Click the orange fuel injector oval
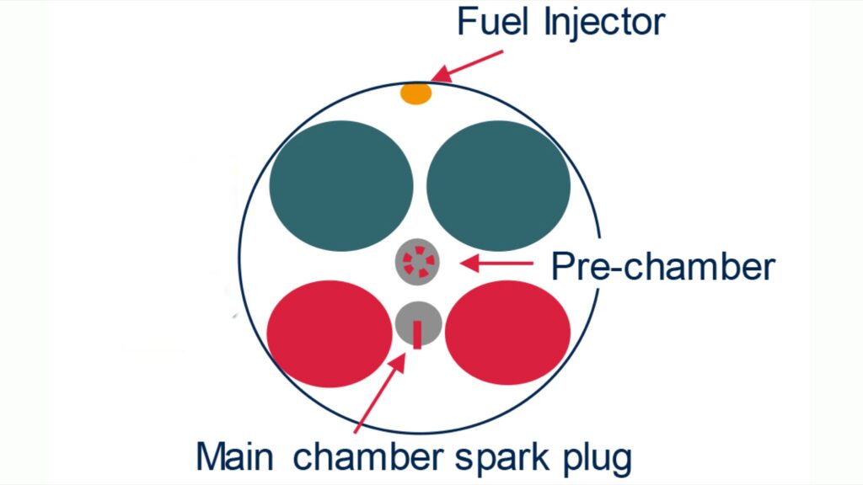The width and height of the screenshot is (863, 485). click(x=415, y=93)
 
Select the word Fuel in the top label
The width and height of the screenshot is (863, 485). click(x=492, y=22)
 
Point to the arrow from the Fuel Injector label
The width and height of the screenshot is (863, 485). click(x=467, y=67)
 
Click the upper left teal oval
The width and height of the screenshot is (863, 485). click(x=341, y=186)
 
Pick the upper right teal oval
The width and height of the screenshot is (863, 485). click(x=498, y=186)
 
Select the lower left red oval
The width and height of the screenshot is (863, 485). click(x=330, y=333)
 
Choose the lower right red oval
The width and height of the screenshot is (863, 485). click(x=507, y=333)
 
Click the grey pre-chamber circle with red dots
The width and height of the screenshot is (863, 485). click(x=418, y=262)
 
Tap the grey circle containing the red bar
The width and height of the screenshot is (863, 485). click(x=418, y=324)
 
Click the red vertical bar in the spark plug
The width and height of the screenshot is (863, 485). click(x=418, y=335)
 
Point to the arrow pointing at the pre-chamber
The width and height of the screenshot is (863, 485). click(x=496, y=263)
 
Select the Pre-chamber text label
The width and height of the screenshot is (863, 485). click(x=663, y=267)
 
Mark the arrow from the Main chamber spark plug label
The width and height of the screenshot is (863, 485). click(x=380, y=392)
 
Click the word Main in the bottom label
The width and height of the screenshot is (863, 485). click(x=235, y=456)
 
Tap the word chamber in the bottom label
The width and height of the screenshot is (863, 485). click(x=367, y=456)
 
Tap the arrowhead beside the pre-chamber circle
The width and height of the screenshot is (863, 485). click(x=469, y=263)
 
